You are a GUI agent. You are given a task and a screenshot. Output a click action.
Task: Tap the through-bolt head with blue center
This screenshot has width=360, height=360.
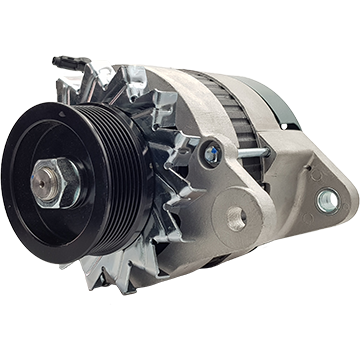pos(210,151)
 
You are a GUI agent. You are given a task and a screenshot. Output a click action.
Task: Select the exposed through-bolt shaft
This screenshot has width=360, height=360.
pos(250,153)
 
